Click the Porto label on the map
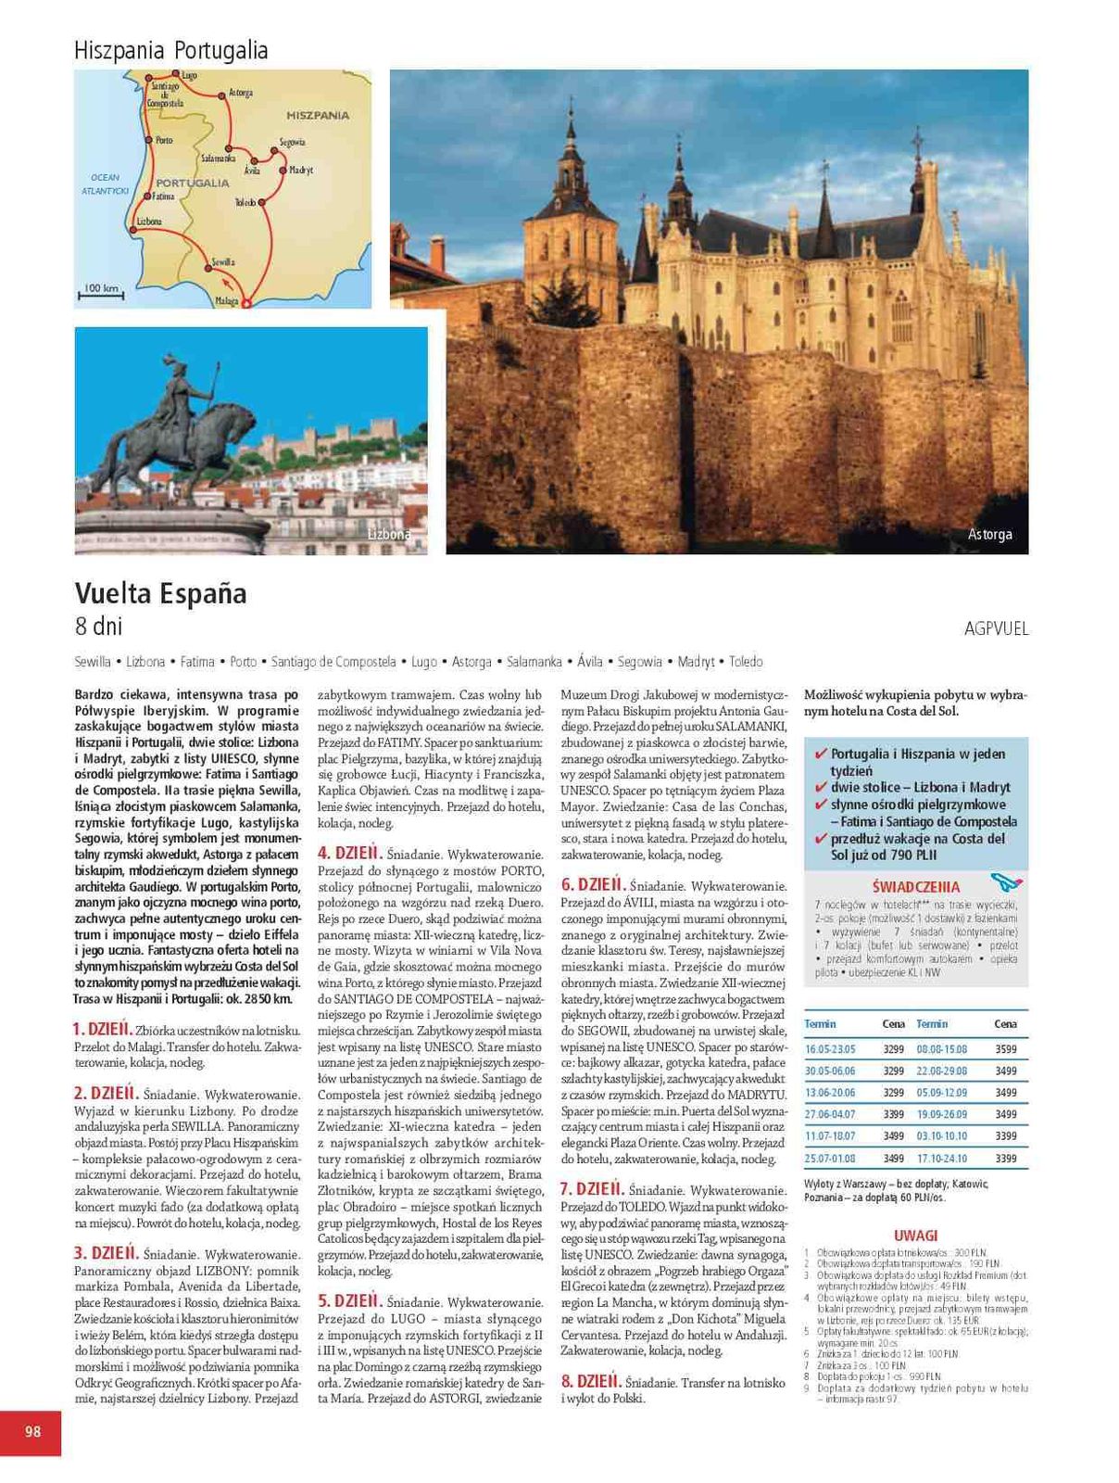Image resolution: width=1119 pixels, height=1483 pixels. tap(163, 141)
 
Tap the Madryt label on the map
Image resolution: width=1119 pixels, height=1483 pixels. tap(301, 171)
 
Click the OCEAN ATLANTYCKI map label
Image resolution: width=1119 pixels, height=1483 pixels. tap(105, 184)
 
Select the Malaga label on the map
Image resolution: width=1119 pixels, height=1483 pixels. tap(226, 301)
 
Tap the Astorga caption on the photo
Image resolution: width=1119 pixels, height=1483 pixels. tap(989, 534)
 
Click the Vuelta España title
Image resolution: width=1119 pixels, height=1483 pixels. tap(160, 593)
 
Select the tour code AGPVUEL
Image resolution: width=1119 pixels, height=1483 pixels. tap(996, 628)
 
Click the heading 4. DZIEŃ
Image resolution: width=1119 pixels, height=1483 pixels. tap(349, 853)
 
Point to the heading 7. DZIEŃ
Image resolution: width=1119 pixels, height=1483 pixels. tap(591, 1189)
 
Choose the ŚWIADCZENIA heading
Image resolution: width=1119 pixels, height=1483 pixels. tap(915, 887)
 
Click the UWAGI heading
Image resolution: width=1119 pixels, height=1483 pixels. tap(915, 1236)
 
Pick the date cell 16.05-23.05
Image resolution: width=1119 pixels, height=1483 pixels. tap(830, 1049)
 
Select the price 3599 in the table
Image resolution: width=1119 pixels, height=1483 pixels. tap(1005, 1049)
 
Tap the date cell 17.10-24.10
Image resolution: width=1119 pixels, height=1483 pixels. tap(941, 1159)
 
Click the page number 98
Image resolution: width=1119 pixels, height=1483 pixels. tap(32, 1431)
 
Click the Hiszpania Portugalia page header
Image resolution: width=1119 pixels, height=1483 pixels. tap(170, 50)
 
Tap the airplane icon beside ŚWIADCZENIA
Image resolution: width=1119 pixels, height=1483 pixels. tap(1005, 881)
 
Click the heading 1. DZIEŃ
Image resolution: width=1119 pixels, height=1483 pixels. tap(103, 1029)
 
